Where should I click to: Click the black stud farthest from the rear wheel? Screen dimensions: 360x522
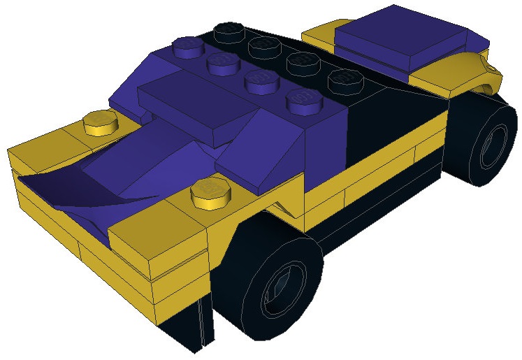click(x=227, y=31)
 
